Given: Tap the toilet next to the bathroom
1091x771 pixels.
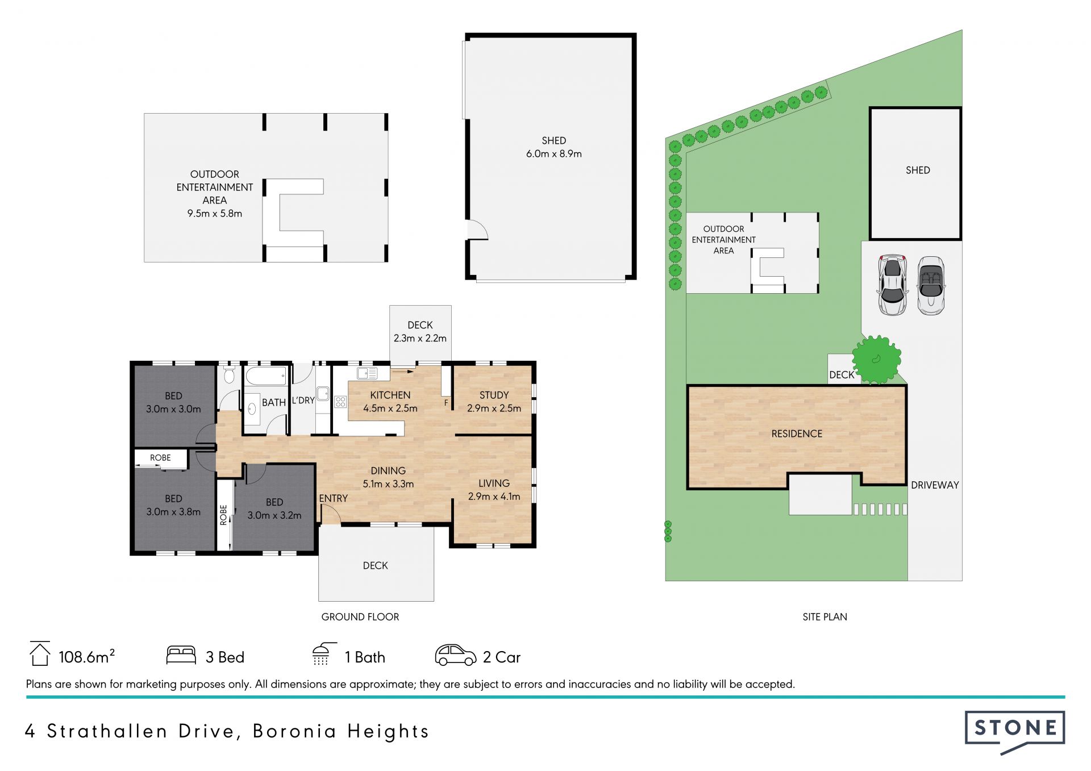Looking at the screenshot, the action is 230,375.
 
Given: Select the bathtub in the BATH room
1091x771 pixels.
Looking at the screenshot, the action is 266,375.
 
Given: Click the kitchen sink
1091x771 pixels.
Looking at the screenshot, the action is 367,373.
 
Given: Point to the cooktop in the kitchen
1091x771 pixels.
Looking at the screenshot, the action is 340,402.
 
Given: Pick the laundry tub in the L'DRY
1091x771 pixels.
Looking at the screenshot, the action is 323,393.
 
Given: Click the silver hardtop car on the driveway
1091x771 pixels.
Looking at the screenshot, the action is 892,285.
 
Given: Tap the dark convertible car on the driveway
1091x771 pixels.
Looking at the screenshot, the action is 931,285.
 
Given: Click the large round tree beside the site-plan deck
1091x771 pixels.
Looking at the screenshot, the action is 877,360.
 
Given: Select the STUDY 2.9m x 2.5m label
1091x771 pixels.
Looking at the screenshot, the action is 494,402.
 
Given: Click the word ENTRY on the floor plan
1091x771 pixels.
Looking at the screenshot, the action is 333,498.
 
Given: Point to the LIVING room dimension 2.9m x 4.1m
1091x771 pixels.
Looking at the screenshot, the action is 494,497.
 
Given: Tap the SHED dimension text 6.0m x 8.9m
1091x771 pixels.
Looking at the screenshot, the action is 553,154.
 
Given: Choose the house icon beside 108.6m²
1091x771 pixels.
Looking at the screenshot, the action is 40,653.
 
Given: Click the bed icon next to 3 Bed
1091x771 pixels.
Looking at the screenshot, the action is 181,655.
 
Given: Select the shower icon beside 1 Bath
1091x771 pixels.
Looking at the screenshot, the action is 324,654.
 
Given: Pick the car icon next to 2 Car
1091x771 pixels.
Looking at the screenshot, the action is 455,655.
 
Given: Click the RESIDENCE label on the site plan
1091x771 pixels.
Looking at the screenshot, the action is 797,434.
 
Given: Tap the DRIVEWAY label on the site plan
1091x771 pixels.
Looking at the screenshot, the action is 935,485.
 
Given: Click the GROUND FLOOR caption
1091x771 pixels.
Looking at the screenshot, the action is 360,617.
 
